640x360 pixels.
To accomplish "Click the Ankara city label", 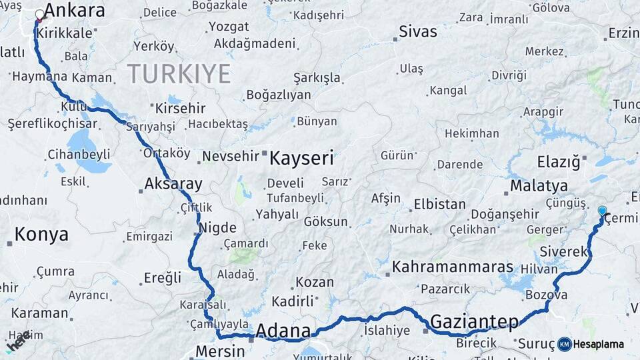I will pyautogui.click(x=74, y=11).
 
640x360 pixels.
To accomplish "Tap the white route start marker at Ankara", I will pyautogui.click(x=40, y=14).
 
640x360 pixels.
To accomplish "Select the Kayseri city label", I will pyautogui.click(x=301, y=158).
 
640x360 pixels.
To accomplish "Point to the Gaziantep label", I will pyautogui.click(x=474, y=322).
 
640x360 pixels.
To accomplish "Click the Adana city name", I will pyautogui.click(x=283, y=331).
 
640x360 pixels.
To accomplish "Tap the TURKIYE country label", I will pyautogui.click(x=179, y=73).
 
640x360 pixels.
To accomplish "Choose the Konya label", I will pyautogui.click(x=41, y=234).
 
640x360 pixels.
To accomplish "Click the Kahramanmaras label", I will pyautogui.click(x=453, y=267).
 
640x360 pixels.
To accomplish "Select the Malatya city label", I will pyautogui.click(x=539, y=185).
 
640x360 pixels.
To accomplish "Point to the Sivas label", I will pyautogui.click(x=418, y=31).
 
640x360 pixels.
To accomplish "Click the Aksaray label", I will pyautogui.click(x=173, y=184).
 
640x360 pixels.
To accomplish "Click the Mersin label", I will pyautogui.click(x=220, y=351).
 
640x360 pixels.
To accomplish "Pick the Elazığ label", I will pyautogui.click(x=559, y=161).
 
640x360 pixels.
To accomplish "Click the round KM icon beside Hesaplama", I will pyautogui.click(x=565, y=344).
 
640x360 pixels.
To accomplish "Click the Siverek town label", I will pyautogui.click(x=563, y=251).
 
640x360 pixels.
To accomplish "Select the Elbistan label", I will pyautogui.click(x=439, y=204).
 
